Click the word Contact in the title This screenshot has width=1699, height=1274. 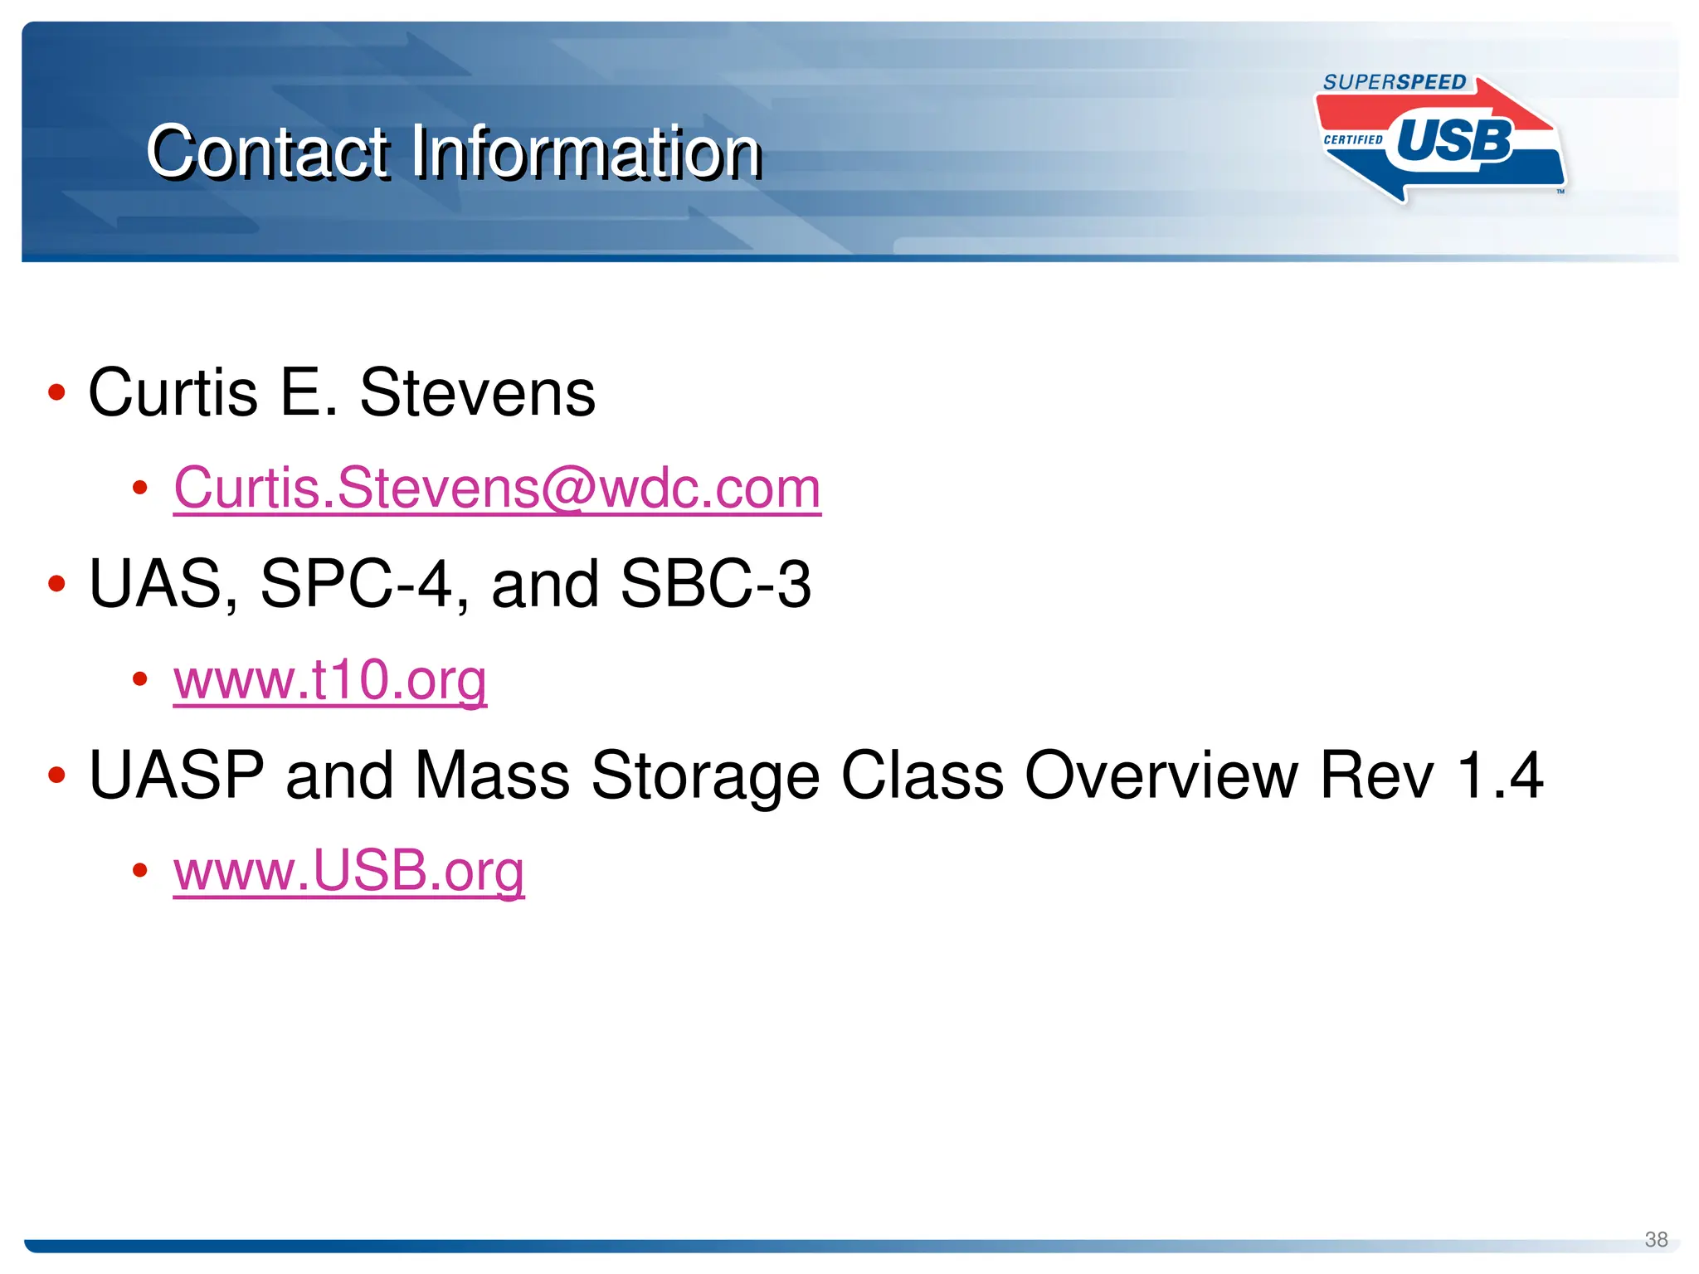[x=267, y=152]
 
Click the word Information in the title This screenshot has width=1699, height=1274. [x=586, y=152]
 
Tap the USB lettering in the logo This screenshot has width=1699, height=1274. [x=1454, y=141]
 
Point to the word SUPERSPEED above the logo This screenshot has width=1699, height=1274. [x=1395, y=82]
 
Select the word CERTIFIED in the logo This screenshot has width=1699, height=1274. [x=1353, y=139]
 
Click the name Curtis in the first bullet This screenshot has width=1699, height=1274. [x=173, y=392]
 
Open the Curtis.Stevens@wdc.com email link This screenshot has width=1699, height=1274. [x=497, y=488]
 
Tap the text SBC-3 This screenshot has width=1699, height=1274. [x=715, y=584]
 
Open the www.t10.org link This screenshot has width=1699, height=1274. [x=330, y=680]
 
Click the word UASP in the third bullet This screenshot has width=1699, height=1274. [x=177, y=776]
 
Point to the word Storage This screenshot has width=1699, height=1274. [x=705, y=776]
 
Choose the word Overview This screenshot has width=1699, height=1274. [x=1161, y=776]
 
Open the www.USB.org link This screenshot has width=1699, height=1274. [x=349, y=871]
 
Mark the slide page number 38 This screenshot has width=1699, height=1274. [x=1656, y=1239]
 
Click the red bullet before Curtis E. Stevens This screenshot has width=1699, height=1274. [x=56, y=392]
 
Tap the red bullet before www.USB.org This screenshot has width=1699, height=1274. [x=140, y=870]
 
